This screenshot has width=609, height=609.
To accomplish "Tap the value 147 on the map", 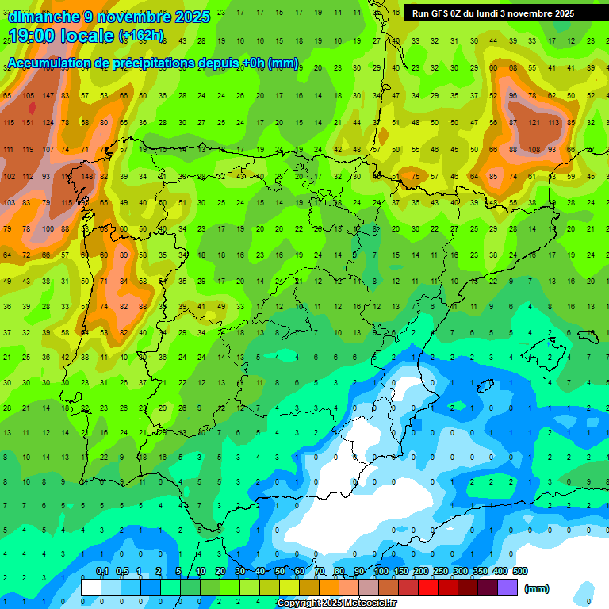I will [x=48, y=95].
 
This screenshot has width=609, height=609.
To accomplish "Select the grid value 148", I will [x=86, y=176].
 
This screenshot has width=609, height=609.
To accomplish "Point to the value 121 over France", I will [x=534, y=123].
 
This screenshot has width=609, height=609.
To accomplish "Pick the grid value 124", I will [x=48, y=122].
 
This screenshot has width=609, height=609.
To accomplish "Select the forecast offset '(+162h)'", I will [x=141, y=36].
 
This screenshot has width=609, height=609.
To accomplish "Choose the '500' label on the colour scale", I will [x=520, y=572].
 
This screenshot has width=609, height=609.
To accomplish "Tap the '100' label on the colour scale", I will [x=381, y=572].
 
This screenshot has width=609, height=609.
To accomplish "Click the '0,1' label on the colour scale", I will [x=102, y=572].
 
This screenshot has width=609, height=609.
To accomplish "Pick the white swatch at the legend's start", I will [x=91, y=587].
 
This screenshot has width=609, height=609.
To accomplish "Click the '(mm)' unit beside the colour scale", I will [x=537, y=588].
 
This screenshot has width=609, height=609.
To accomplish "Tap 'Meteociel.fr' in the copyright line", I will [x=369, y=603].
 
